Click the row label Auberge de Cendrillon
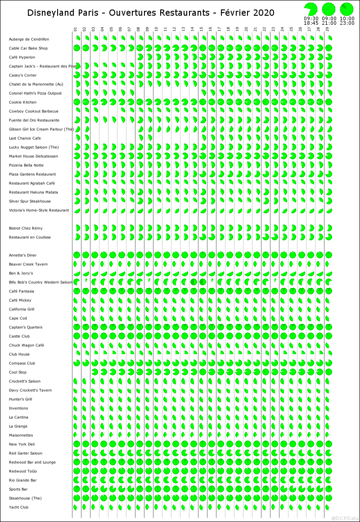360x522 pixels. [29, 39]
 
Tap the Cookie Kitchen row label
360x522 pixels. [22, 102]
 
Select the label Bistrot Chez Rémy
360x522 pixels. [26, 228]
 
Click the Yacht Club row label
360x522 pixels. [18, 507]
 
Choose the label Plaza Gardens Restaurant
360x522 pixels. [32, 174]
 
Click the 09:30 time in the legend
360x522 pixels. [310, 18]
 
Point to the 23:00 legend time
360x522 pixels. [347, 22]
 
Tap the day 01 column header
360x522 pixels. [76, 30]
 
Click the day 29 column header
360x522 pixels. [328, 30]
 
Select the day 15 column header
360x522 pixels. [202, 30]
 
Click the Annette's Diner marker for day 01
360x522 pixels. [76, 255]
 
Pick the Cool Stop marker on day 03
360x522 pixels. [94, 372]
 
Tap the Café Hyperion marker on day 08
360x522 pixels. [139, 57]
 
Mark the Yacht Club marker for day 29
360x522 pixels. [328, 507]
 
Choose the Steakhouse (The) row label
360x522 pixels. [25, 498]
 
